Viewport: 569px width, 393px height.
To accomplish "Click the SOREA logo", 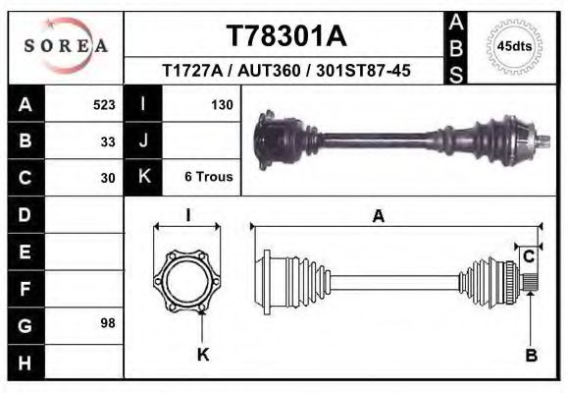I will click(x=66, y=47).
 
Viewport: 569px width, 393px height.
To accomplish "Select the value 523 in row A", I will click(x=104, y=104).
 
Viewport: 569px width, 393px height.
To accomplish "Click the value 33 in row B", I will click(x=108, y=140).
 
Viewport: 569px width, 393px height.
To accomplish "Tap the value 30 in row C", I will click(x=108, y=178).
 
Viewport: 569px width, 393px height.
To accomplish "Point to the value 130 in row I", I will click(x=221, y=104).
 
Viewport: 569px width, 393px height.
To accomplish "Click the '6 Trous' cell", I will click(x=208, y=178).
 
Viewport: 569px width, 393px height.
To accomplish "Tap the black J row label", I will click(x=144, y=140).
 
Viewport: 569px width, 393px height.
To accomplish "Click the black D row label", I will click(x=25, y=214).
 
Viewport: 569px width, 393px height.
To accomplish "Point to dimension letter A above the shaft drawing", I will click(x=378, y=217).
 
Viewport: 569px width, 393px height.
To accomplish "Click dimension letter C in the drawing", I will click(x=528, y=256).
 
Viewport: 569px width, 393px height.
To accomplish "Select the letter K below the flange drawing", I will click(x=203, y=355).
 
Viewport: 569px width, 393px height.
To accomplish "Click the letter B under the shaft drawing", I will click(x=531, y=356).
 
